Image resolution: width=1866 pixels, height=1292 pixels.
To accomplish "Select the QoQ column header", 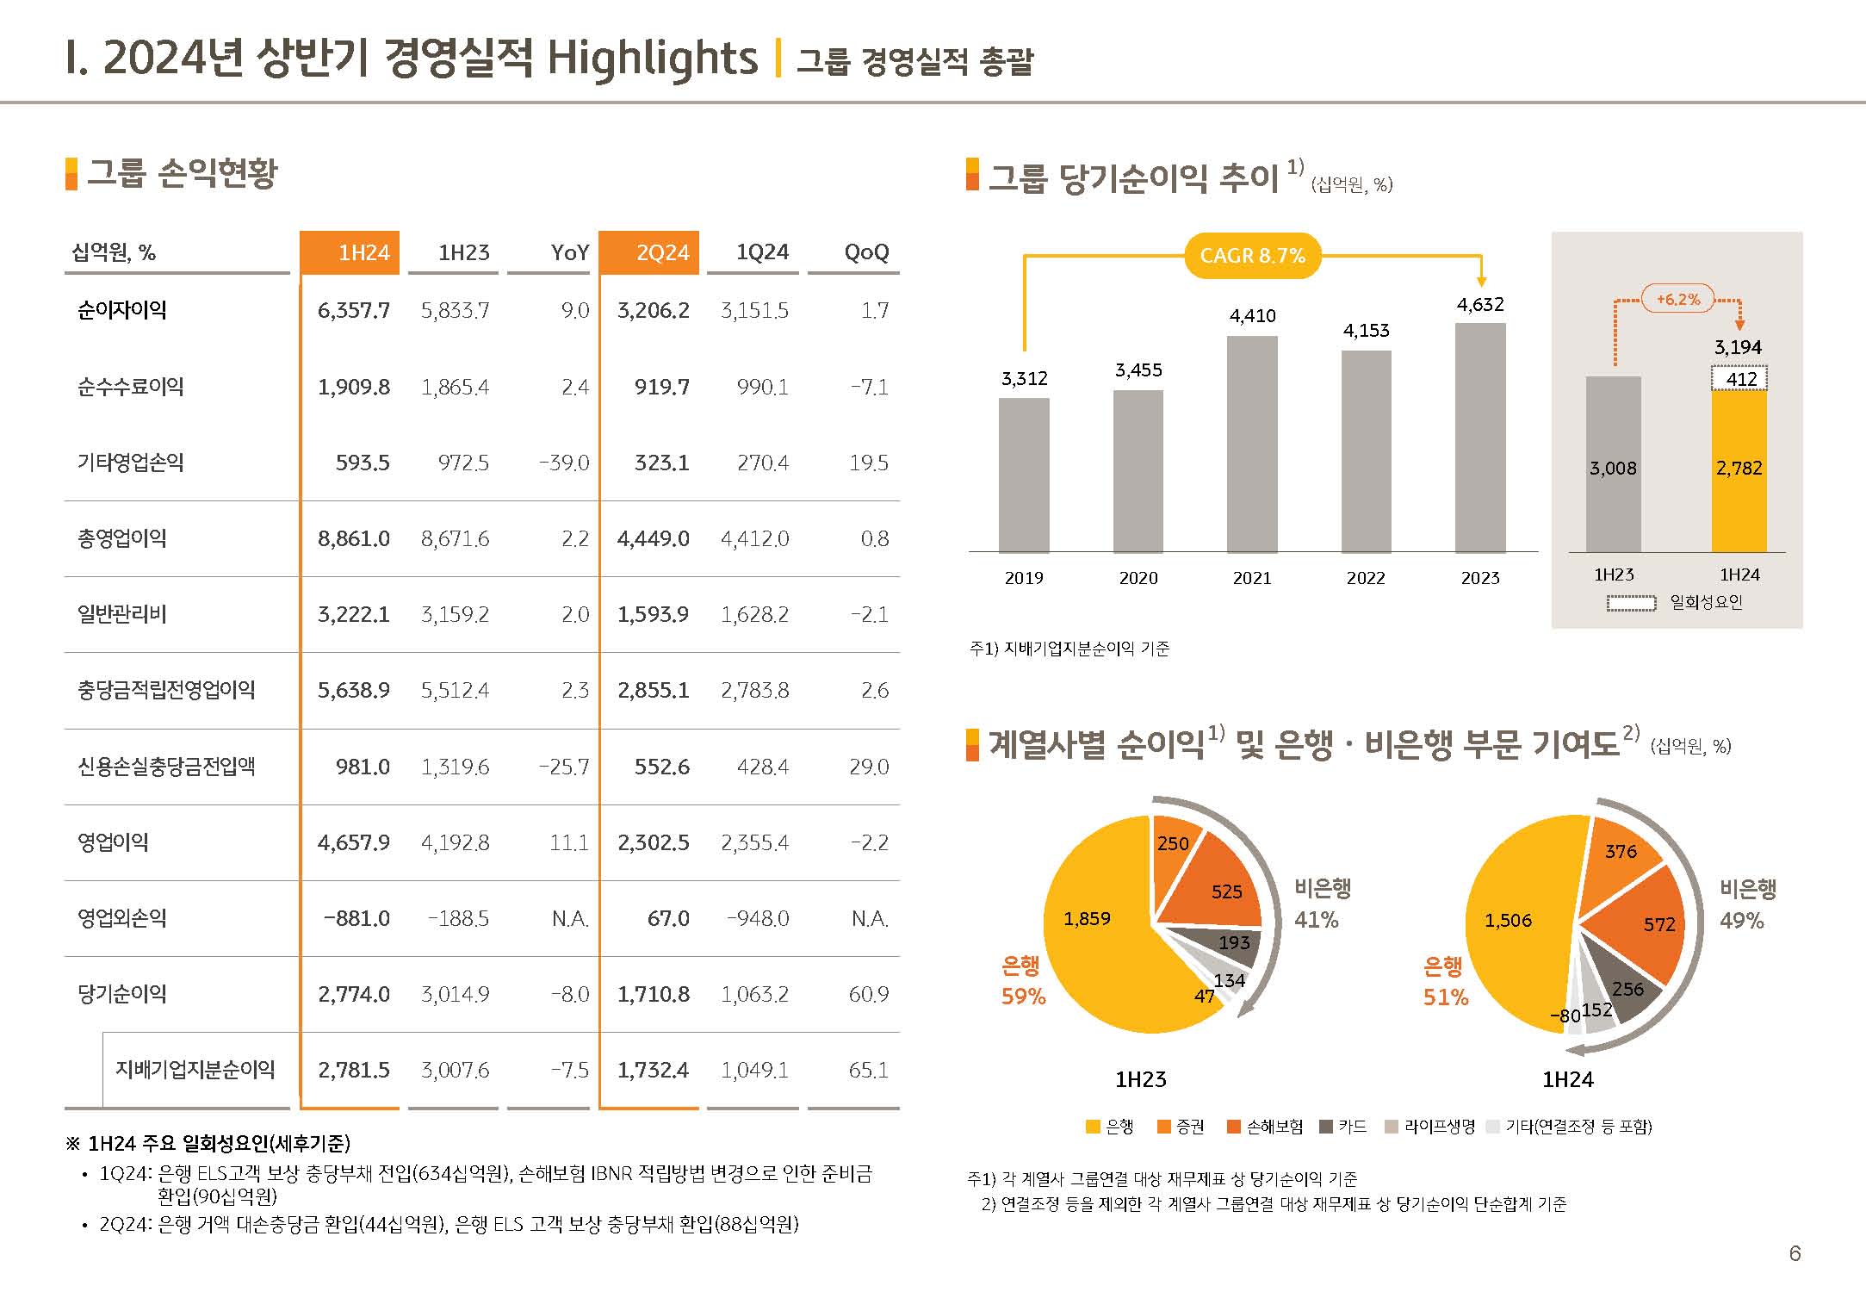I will point(865,252).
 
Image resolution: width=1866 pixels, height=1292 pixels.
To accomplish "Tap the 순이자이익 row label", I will point(122,310).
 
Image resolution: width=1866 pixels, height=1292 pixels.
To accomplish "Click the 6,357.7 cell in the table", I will point(353,310).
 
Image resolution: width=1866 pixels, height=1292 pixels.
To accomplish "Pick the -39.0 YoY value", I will point(564,463).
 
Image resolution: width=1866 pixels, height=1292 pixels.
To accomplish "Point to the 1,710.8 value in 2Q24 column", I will point(653,994).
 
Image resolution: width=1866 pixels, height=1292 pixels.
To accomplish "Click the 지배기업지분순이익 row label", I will point(195,1070).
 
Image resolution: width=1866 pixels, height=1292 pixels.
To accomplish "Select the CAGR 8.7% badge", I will point(1252,256).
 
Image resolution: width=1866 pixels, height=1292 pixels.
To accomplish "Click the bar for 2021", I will point(1252,444).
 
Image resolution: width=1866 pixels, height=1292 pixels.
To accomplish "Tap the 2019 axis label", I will point(1024,578).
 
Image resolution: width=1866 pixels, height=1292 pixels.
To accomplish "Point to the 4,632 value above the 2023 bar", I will point(1480,304).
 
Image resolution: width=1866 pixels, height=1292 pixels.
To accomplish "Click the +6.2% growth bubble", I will point(1678,300).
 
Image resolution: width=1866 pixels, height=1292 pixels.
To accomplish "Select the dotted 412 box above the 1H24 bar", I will point(1739,379).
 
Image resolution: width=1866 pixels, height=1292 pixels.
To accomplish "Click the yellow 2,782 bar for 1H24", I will point(1739,469).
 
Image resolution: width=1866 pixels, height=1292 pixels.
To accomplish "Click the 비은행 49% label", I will point(1747,904).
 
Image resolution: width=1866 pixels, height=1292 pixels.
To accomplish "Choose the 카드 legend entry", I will point(1344,1127).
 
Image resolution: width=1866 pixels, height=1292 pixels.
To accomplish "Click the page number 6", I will point(1795,1253).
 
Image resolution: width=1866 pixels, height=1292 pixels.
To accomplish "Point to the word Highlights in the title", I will point(652,59).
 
